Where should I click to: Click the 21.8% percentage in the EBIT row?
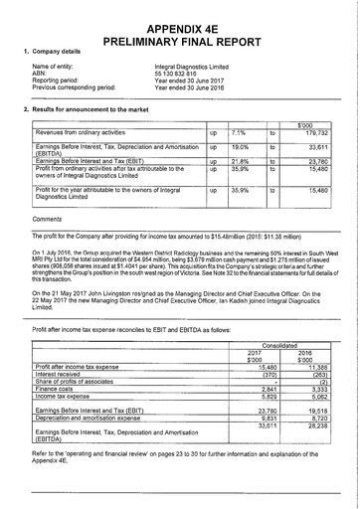pos(240,160)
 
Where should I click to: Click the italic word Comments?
pos(47,218)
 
